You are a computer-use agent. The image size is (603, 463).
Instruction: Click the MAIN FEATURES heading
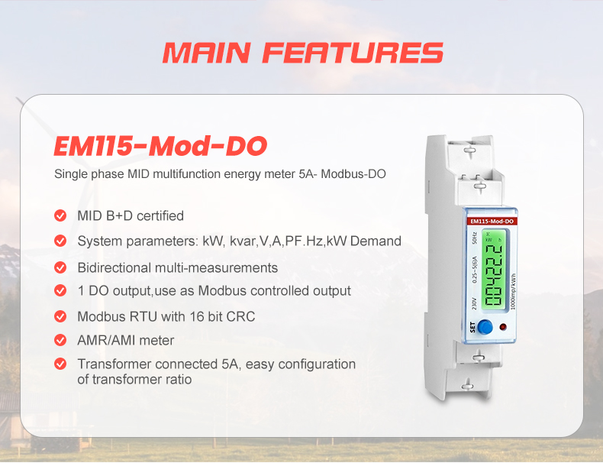coord(302,52)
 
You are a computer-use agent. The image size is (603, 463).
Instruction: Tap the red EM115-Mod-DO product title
coord(160,145)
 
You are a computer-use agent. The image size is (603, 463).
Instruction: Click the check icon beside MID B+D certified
coord(60,215)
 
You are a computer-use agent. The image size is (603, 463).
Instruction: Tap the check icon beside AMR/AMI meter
coord(60,340)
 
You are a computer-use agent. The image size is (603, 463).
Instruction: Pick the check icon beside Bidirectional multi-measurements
coord(60,267)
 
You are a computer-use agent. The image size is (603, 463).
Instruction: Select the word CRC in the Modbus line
coord(240,316)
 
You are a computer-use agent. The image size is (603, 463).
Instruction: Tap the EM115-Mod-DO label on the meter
coord(492,221)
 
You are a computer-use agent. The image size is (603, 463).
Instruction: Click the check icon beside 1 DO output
coord(60,290)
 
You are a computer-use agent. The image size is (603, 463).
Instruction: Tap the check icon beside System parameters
coord(60,241)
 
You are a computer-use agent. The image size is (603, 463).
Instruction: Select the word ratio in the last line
coord(177,379)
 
